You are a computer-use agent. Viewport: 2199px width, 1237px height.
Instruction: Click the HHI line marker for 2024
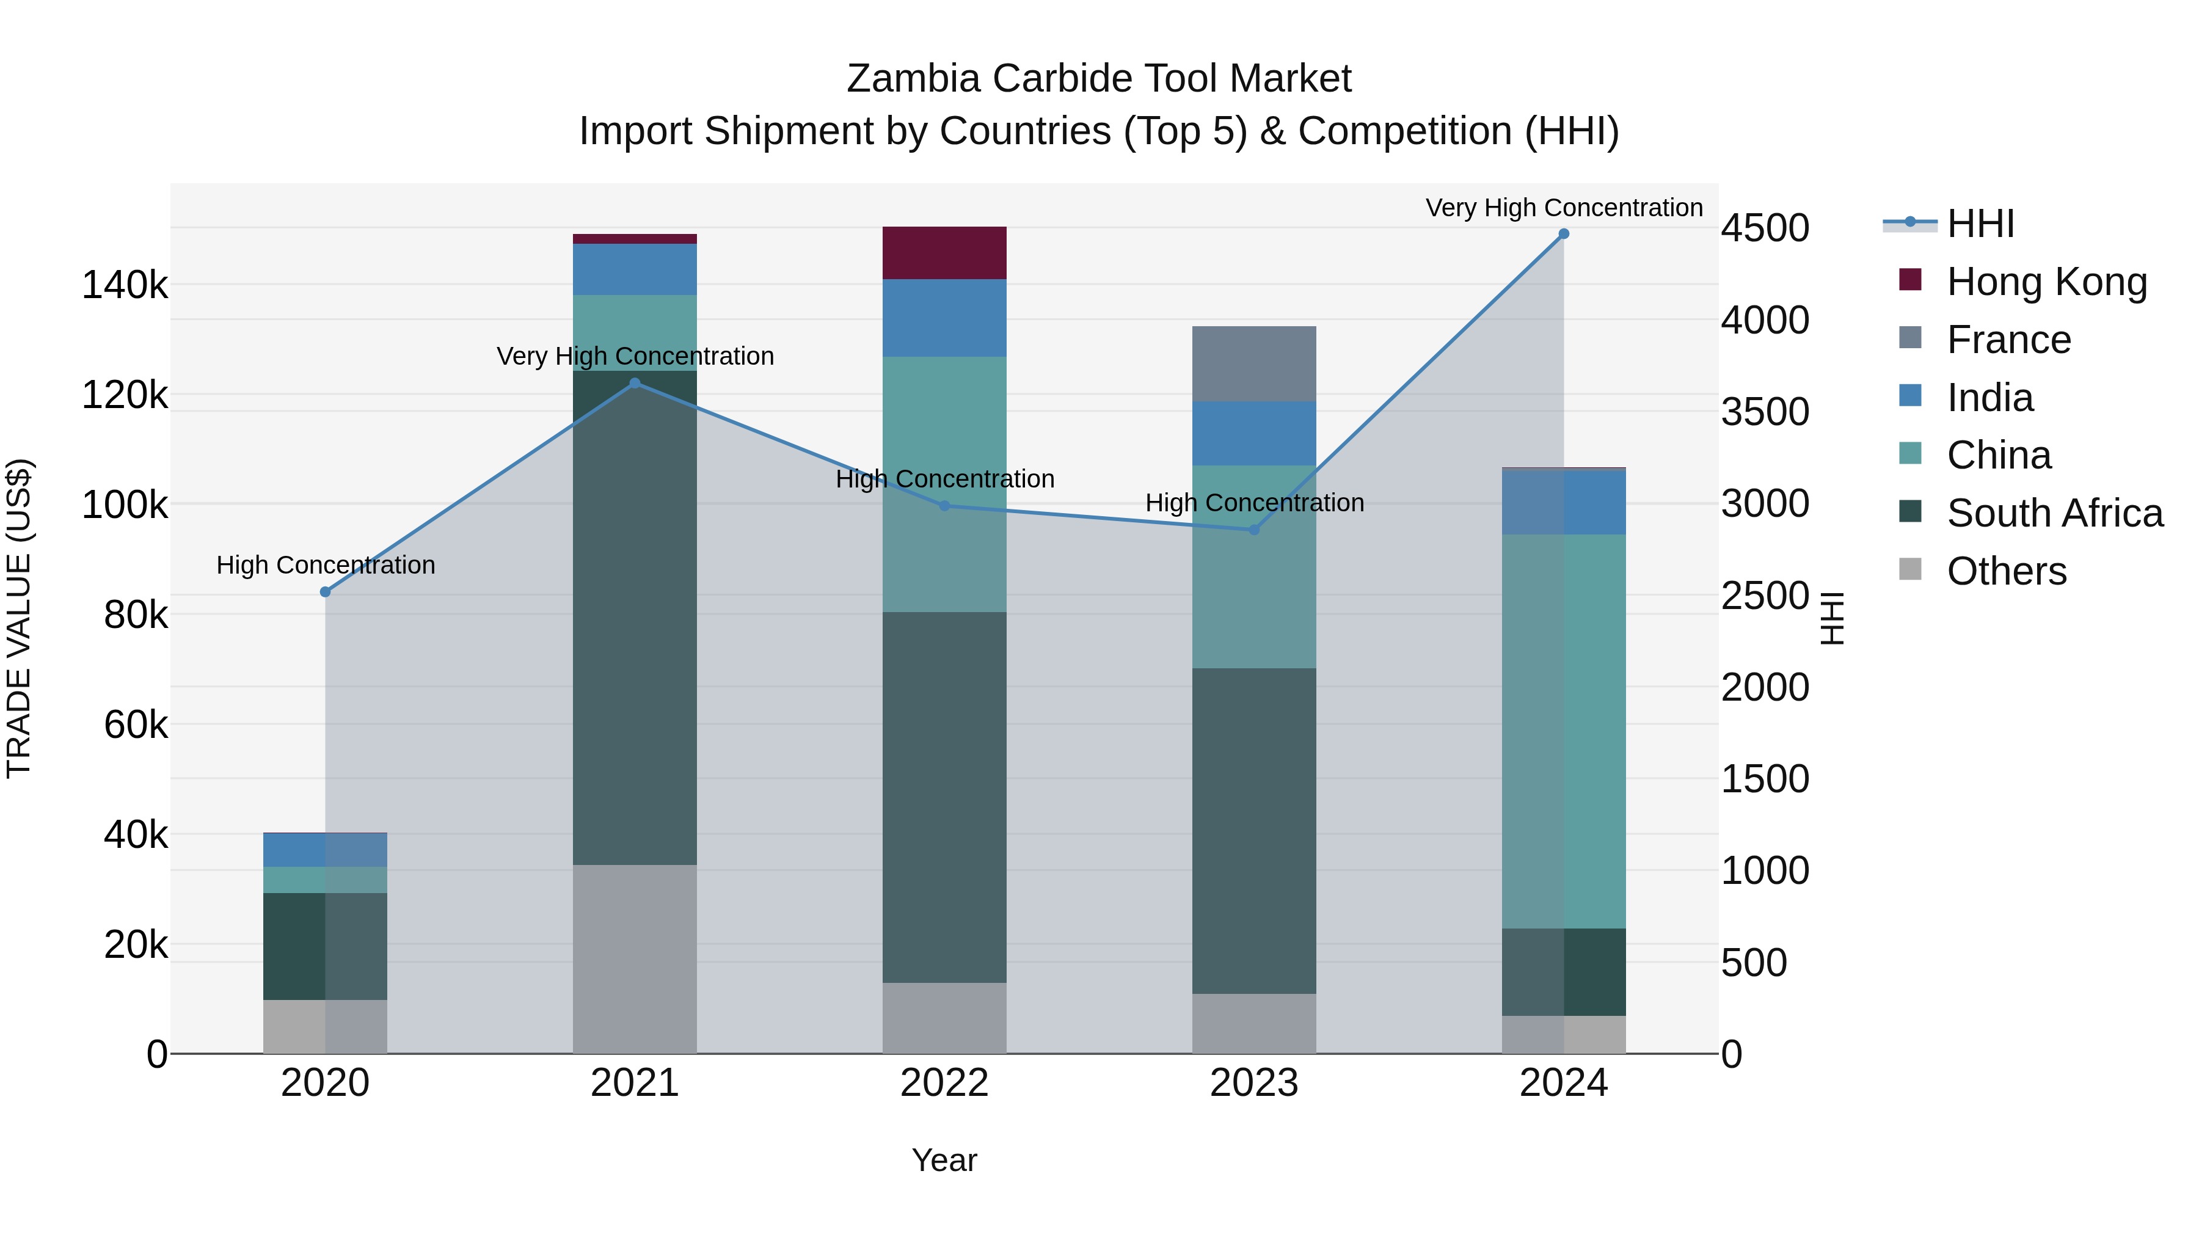(1563, 234)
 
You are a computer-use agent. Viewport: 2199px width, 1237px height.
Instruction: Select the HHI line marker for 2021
(634, 383)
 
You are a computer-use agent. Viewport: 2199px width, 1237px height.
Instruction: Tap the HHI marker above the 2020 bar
(325, 591)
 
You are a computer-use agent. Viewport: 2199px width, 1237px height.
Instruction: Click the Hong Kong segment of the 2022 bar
(944, 253)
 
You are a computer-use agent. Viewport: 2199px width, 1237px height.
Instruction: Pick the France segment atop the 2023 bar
(1253, 363)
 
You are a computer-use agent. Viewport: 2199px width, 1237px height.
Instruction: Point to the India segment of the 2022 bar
(944, 318)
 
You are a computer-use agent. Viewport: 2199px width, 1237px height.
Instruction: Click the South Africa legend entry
(2054, 513)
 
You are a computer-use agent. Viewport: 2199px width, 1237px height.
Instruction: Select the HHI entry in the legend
(1980, 224)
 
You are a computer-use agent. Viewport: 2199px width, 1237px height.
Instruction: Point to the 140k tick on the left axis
(125, 285)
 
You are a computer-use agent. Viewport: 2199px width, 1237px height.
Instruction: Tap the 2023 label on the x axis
(1253, 1083)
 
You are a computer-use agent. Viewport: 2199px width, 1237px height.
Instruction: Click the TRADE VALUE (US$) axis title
(19, 618)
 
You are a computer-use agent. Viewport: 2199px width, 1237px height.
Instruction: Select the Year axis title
(944, 1160)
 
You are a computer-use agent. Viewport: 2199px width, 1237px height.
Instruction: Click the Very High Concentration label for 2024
(1563, 208)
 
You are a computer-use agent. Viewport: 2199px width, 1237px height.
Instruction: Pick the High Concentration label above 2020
(325, 565)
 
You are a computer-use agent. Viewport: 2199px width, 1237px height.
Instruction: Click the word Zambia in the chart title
(912, 79)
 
